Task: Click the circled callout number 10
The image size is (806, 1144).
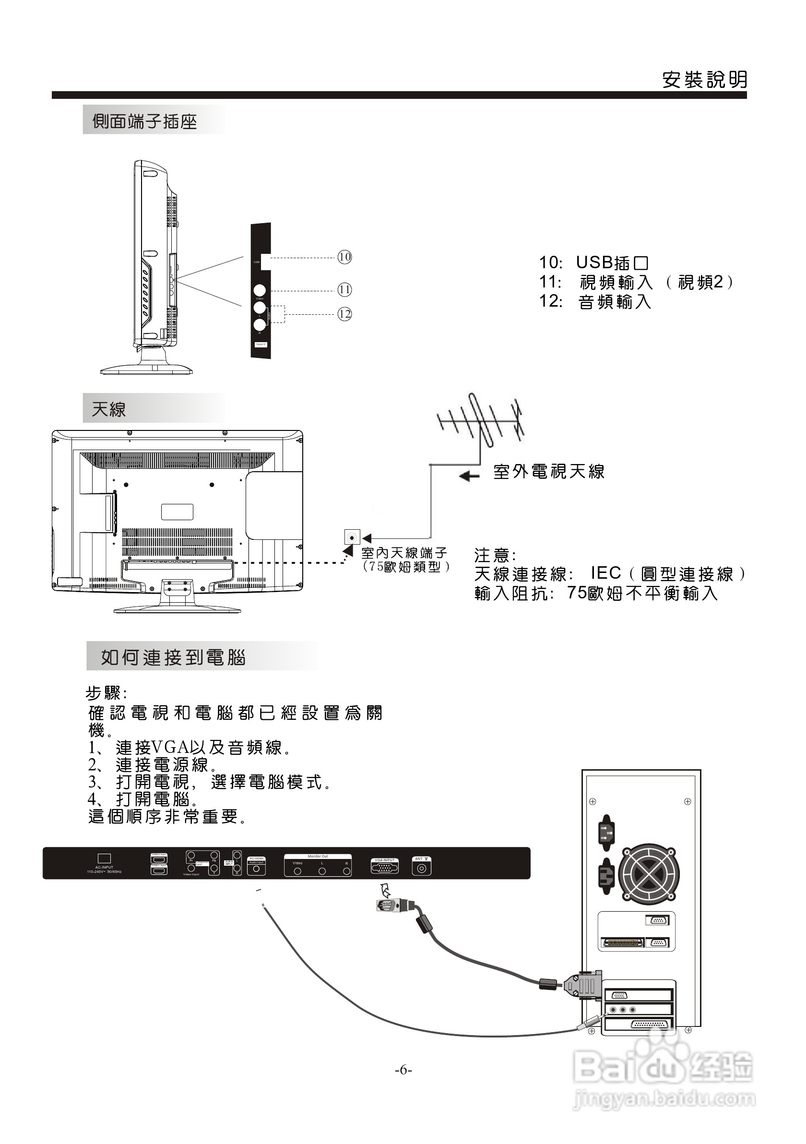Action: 344,257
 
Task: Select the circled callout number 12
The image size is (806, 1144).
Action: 344,314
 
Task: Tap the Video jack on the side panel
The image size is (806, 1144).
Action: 260,290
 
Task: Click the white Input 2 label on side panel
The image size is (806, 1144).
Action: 261,344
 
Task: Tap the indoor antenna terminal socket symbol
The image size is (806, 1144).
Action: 352,537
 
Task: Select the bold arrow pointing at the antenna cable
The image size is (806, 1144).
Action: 469,477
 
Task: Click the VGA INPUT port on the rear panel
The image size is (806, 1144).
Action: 384,868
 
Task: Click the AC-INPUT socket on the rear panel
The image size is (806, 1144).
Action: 104,858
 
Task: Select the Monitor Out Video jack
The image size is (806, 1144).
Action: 297,871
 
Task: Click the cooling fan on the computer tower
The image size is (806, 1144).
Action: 649,874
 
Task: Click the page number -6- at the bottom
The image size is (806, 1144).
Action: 403,1070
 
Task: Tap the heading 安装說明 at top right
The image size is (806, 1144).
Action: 704,80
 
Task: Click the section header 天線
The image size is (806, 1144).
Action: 109,410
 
